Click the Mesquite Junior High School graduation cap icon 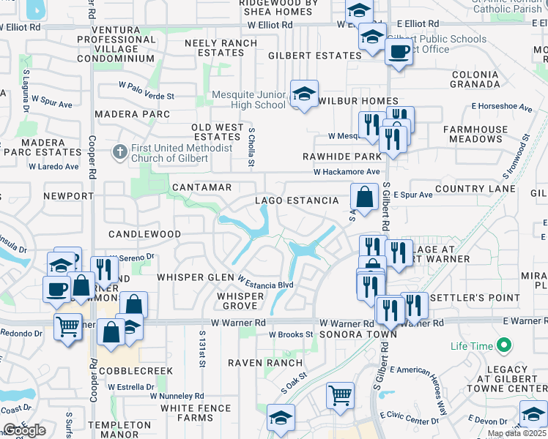pyautogui.click(x=304, y=94)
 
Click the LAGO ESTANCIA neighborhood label pyautogui.click(x=297, y=200)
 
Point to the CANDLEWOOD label pyautogui.click(x=144, y=234)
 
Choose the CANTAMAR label pyautogui.click(x=201, y=188)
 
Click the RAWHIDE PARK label pyautogui.click(x=342, y=157)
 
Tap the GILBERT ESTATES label pyautogui.click(x=314, y=56)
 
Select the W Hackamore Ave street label pyautogui.click(x=347, y=172)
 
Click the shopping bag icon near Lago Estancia pyautogui.click(x=364, y=196)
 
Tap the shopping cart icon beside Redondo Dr pyautogui.click(x=67, y=326)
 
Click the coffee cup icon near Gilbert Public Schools pyautogui.click(x=399, y=52)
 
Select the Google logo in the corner pyautogui.click(x=24, y=430)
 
